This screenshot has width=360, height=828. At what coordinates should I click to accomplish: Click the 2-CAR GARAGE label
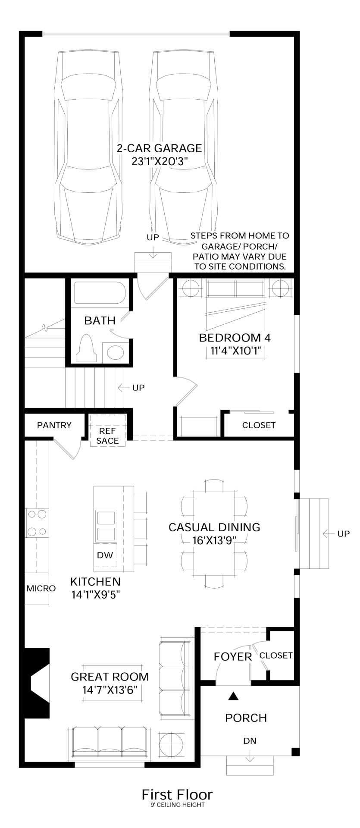click(x=159, y=148)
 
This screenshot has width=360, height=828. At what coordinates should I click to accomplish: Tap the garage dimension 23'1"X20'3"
click(x=159, y=161)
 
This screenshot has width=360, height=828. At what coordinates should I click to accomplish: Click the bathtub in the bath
click(x=100, y=293)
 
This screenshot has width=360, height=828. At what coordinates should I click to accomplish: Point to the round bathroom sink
click(x=115, y=352)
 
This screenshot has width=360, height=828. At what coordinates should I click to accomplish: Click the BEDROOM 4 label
click(x=235, y=338)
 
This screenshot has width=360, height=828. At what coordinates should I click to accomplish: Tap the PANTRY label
click(x=54, y=425)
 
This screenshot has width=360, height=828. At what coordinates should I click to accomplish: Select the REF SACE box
click(x=108, y=436)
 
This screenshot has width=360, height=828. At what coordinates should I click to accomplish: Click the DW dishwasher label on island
click(x=105, y=555)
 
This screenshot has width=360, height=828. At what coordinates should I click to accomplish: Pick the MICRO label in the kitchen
click(x=41, y=588)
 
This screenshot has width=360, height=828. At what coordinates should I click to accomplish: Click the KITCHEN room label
click(x=95, y=581)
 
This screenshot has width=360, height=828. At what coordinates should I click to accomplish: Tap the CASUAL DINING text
click(x=214, y=527)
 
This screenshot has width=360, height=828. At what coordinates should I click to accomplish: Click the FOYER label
click(x=233, y=657)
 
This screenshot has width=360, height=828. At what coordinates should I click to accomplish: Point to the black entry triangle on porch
click(x=233, y=696)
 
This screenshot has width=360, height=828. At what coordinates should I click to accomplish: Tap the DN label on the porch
click(x=250, y=741)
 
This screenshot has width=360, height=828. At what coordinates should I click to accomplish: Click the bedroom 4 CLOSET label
click(x=259, y=425)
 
